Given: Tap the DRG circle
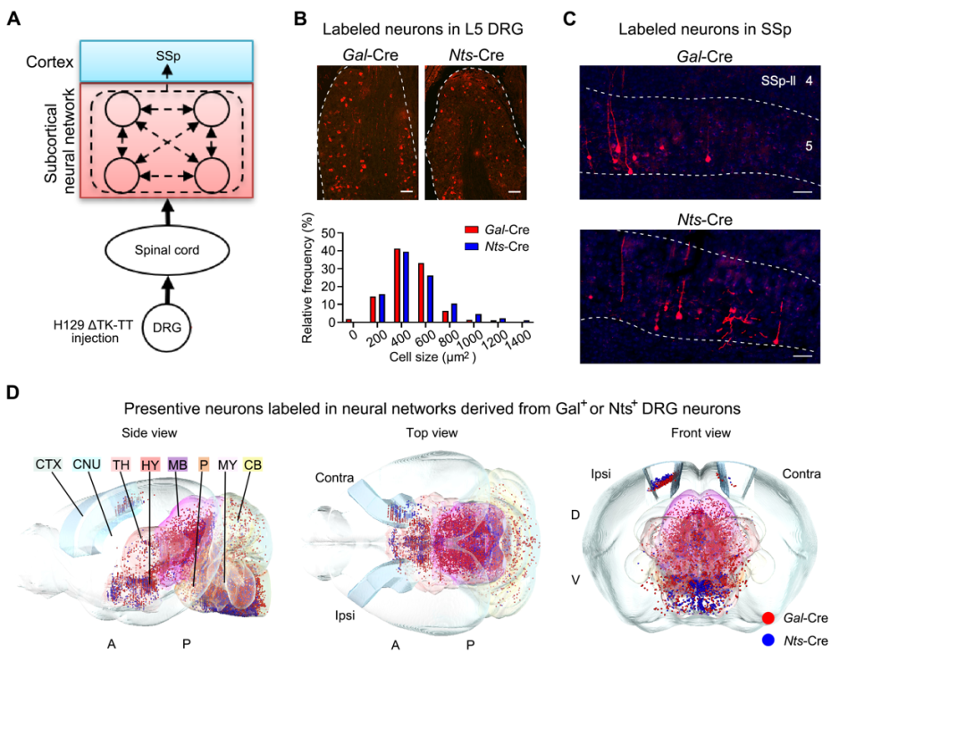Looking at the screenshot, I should [167, 328].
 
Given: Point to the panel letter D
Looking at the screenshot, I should [13, 392].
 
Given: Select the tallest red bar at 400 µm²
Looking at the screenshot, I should [398, 285].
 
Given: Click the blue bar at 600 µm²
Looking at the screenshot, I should [431, 298].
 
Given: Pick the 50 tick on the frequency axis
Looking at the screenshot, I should [330, 233].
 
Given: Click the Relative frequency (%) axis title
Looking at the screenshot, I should [307, 278].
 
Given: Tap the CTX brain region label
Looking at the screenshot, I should [48, 464].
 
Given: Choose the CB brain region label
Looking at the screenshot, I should [253, 464].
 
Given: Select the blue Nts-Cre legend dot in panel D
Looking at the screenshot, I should [768, 640].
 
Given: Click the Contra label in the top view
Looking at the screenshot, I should [334, 478].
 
